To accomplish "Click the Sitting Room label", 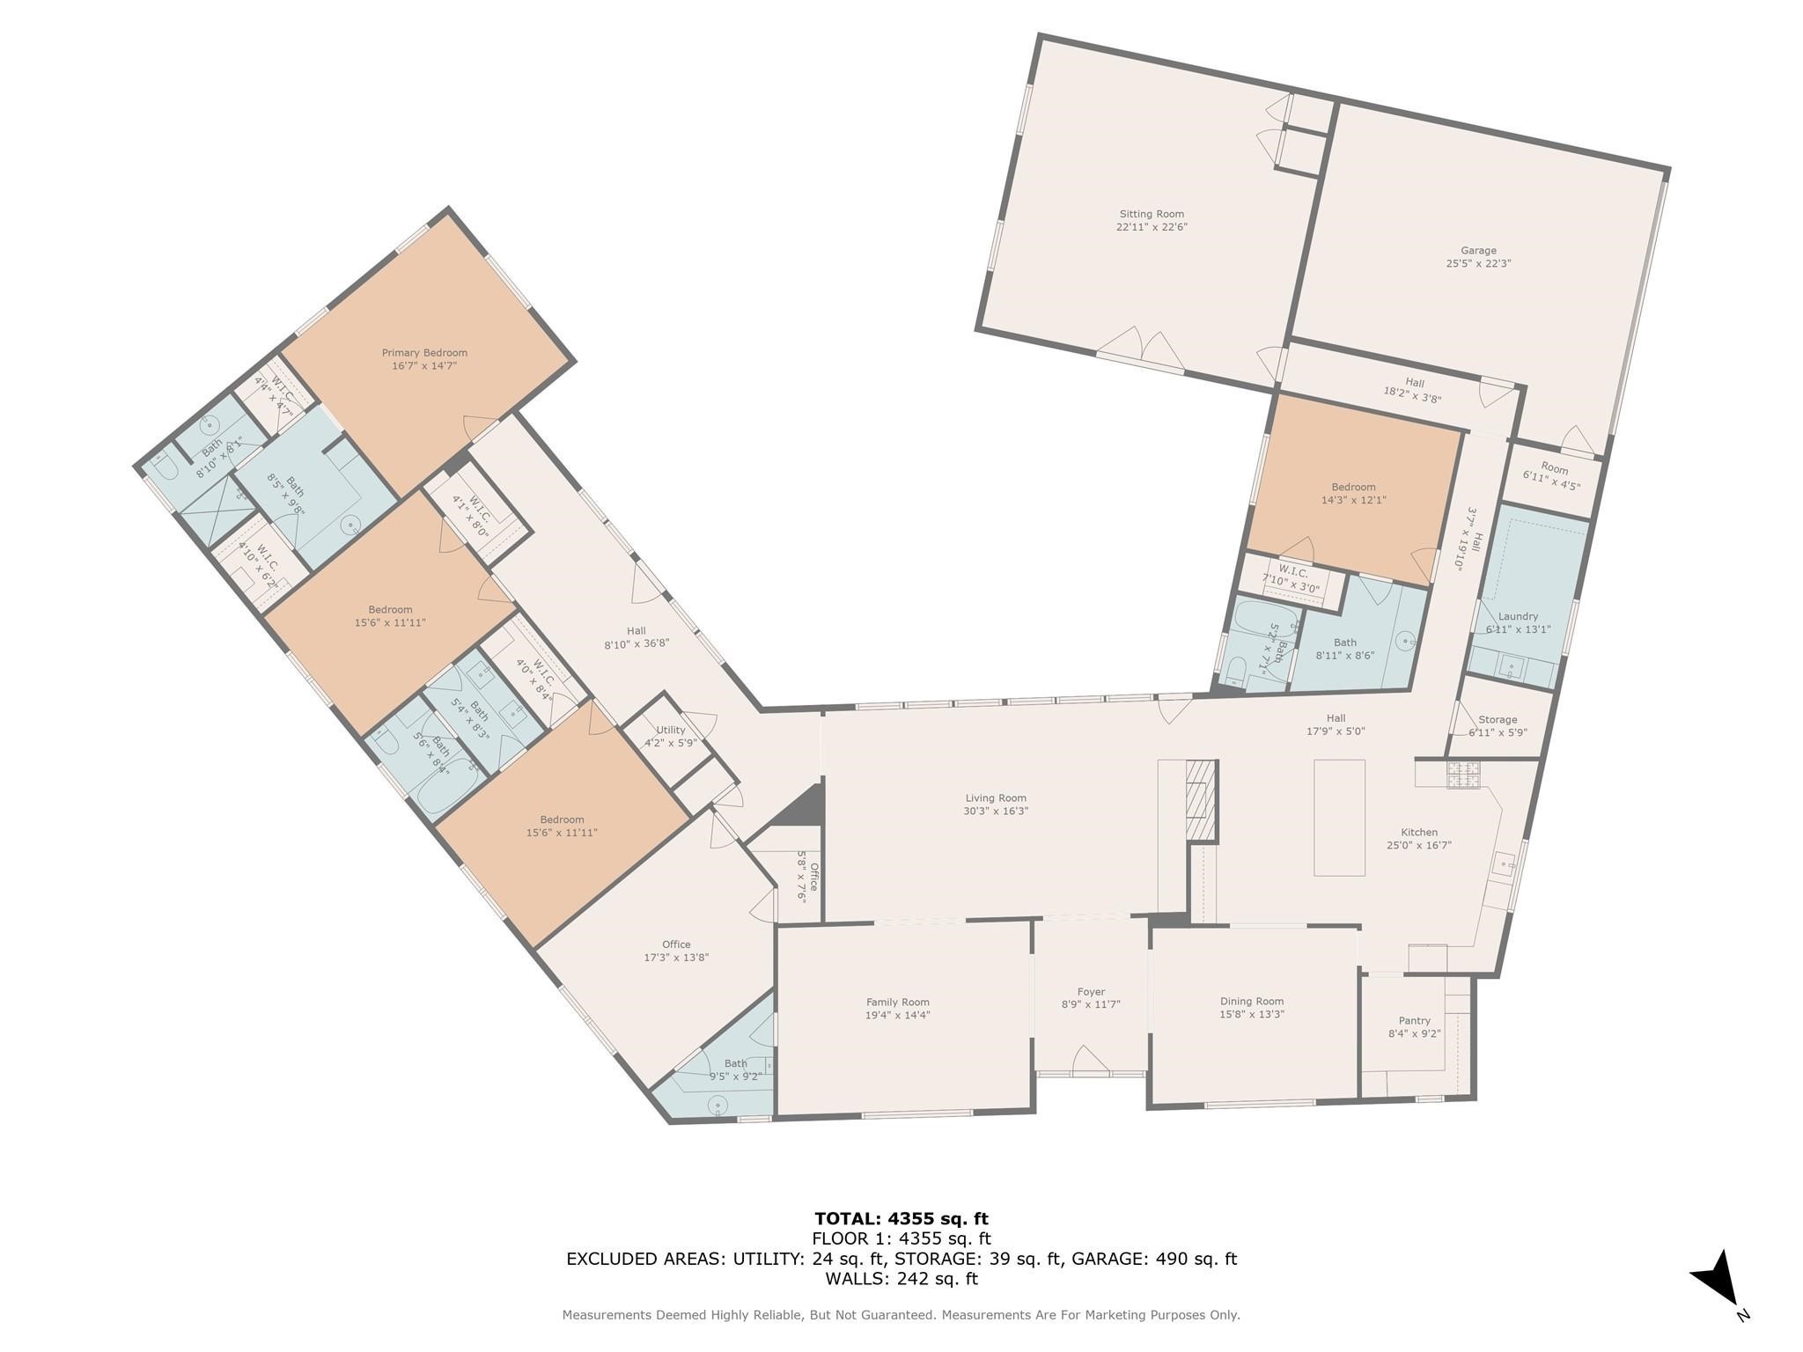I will pos(1152,214).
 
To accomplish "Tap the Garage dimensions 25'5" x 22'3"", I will pos(1478,263).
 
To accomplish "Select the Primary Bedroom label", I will pos(424,353).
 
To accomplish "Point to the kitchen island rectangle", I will pos(1339,818).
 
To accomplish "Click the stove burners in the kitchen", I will pos(1464,775).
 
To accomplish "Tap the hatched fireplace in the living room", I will pos(1199,800).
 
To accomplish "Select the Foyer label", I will pos(1091,992).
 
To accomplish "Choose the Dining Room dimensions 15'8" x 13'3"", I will pos(1252,1014).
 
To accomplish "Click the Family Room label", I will pos(897,1002).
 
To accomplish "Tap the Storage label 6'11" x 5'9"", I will pos(1498,725).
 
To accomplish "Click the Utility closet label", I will pos(670,730).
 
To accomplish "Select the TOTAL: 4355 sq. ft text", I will pos(901,1219).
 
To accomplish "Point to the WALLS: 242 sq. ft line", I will pos(901,1279).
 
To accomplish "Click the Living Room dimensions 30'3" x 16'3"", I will pos(996,812).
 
